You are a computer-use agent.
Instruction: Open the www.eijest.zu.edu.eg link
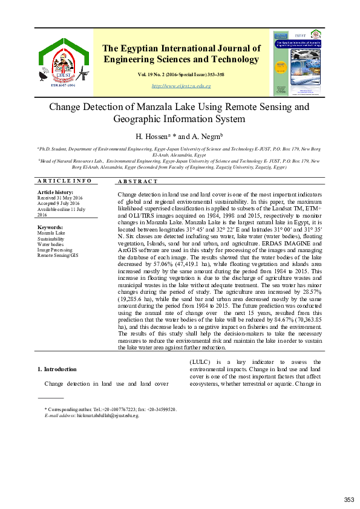pos(181,86)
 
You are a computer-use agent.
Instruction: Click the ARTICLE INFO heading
pos(65,181)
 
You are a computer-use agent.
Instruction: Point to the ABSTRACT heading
pos(138,181)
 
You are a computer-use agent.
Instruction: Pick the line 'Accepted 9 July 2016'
pos(60,204)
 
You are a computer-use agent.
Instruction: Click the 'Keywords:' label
pos(50,227)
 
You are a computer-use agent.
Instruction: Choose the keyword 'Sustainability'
pos(52,238)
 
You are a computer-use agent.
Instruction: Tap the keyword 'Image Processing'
pos(54,250)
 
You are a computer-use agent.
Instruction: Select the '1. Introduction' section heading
pos(57,369)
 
